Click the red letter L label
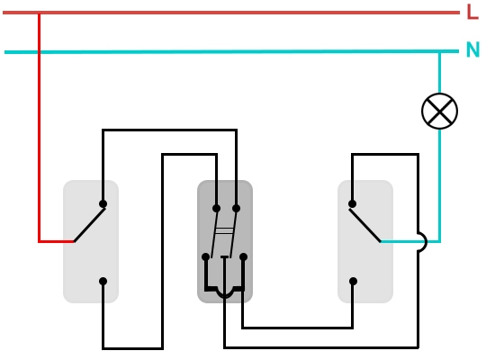tap(472, 12)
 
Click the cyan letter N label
tap(472, 49)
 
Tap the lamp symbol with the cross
tap(439, 111)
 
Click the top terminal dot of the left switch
tap(103, 204)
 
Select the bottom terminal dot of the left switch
tap(103, 281)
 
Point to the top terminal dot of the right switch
tap(352, 204)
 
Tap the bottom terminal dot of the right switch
tap(354, 281)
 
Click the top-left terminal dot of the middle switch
tap(216, 209)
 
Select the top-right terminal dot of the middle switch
tap(236, 209)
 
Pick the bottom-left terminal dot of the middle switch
tap(205, 256)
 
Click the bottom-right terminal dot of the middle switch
tap(243, 256)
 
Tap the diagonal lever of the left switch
tap(89, 225)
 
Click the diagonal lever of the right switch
tap(365, 226)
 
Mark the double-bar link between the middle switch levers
tap(224, 230)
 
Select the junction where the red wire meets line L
tap(39, 13)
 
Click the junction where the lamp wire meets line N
tap(439, 51)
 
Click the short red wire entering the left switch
tap(56, 241)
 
